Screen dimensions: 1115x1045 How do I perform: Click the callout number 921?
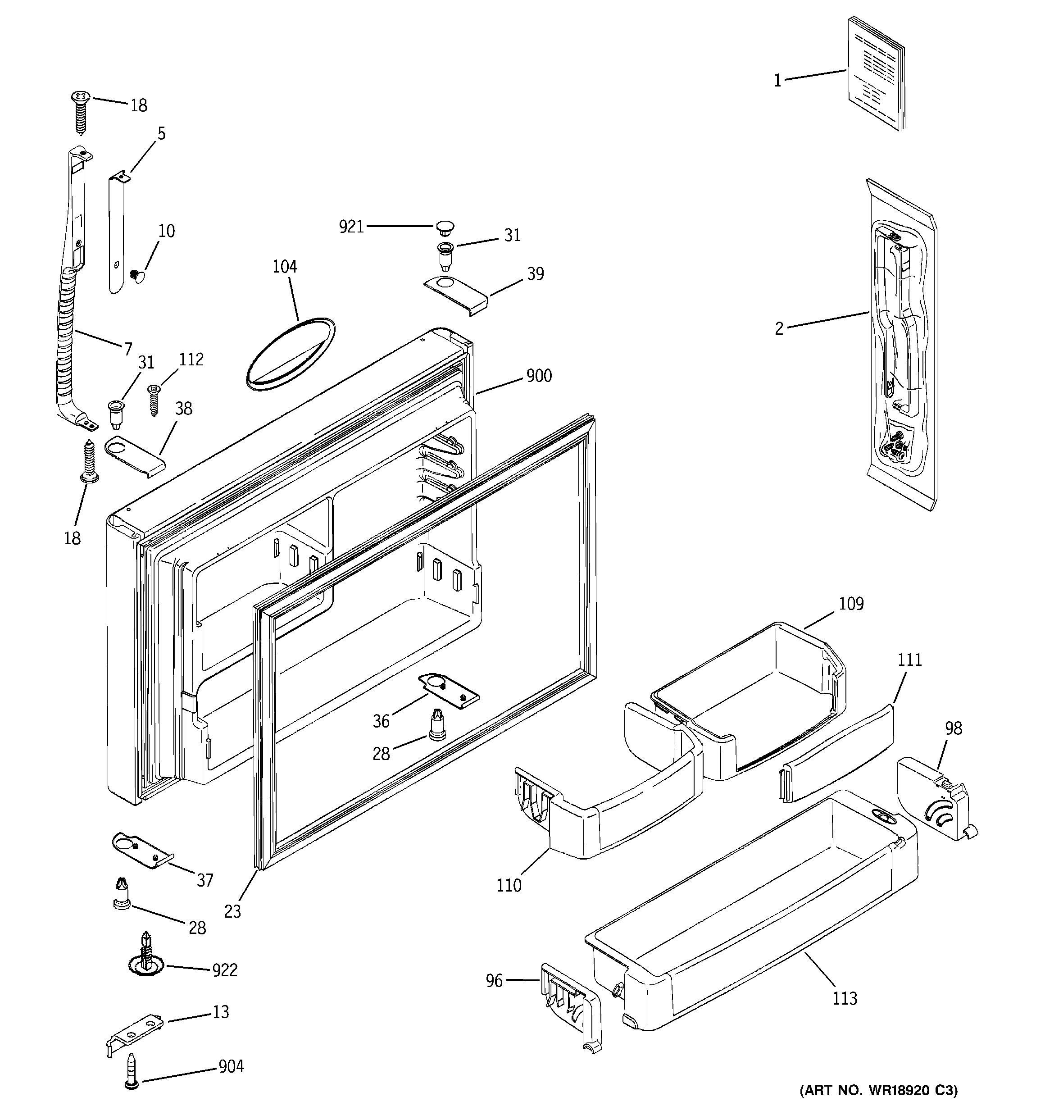(x=351, y=227)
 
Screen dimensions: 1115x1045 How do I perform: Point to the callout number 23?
(x=232, y=911)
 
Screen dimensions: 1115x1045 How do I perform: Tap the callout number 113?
(x=844, y=998)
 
